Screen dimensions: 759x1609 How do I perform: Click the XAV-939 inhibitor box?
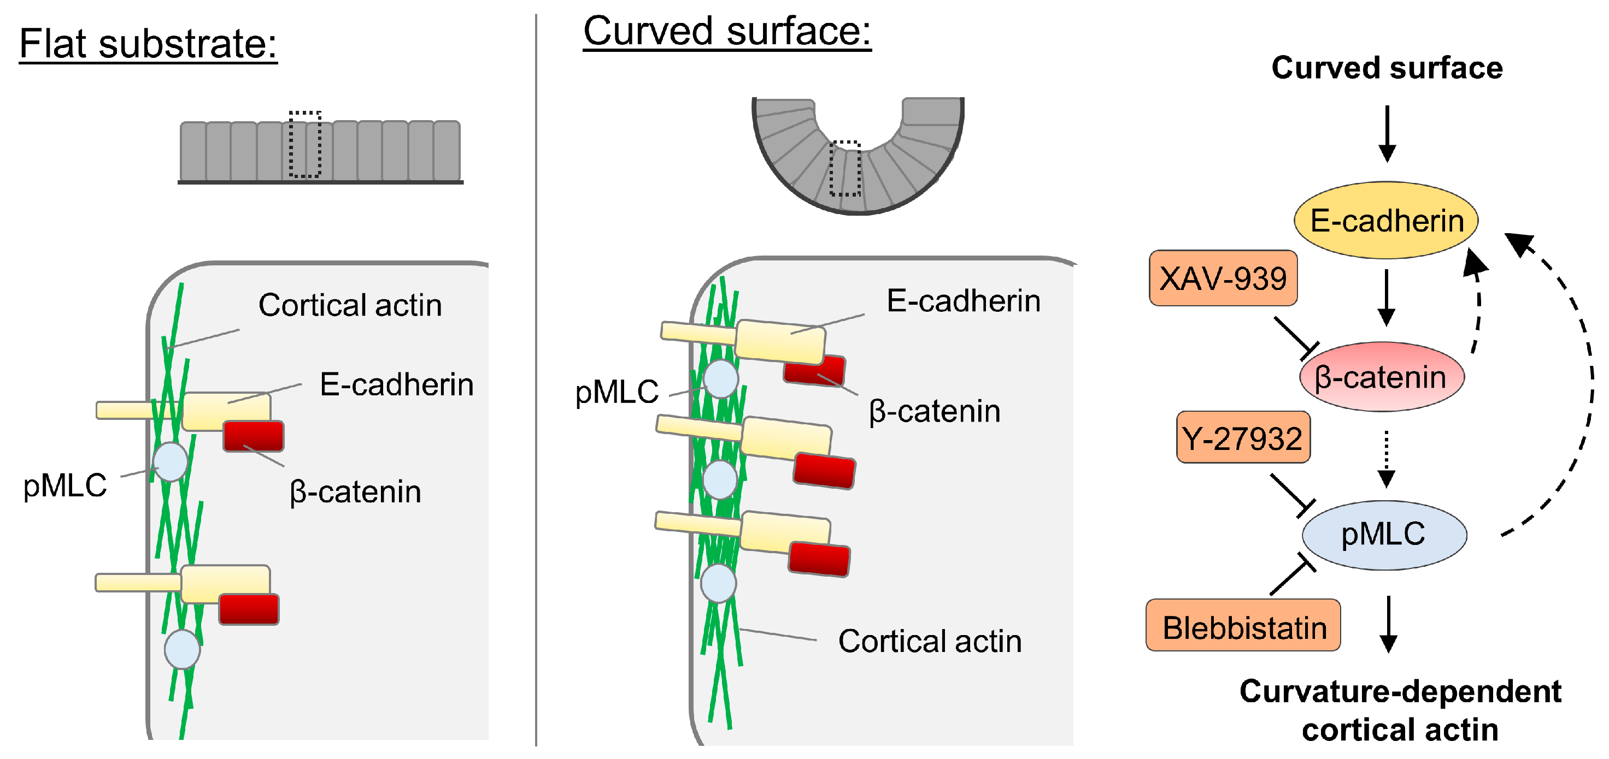(x=1223, y=278)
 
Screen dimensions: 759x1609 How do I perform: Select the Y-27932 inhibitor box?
(x=1242, y=437)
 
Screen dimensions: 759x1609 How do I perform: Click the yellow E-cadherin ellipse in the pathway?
(x=1385, y=221)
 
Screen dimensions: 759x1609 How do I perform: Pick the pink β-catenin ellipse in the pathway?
(x=1381, y=377)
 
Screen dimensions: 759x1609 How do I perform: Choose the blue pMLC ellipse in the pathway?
(x=1383, y=535)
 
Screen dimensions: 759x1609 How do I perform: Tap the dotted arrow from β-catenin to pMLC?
(x=1386, y=459)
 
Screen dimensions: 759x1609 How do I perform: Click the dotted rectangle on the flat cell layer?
(x=305, y=145)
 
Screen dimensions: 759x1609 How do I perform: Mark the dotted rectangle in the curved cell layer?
(x=844, y=169)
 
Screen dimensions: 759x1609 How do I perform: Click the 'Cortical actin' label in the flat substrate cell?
(x=350, y=305)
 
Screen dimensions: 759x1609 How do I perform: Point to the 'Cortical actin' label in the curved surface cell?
(x=930, y=641)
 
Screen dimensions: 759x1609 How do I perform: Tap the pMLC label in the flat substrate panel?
(x=65, y=485)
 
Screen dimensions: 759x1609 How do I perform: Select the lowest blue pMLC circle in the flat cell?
(x=182, y=649)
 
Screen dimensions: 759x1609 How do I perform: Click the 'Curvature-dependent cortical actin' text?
(x=1400, y=710)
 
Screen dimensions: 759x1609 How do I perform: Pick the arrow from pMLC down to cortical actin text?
(x=1388, y=624)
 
